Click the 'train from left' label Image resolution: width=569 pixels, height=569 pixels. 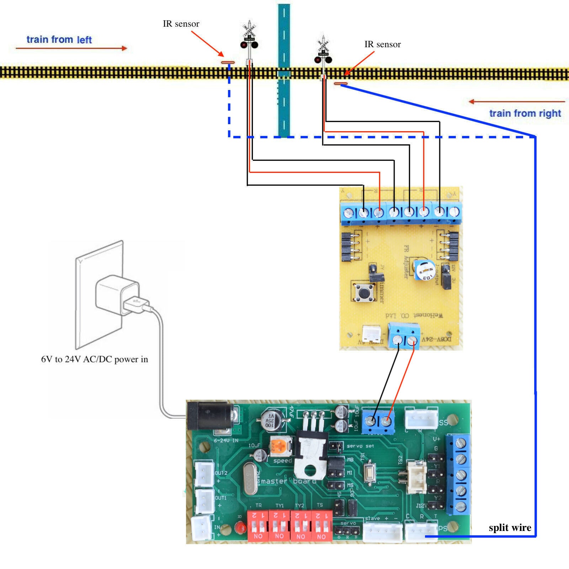click(x=59, y=39)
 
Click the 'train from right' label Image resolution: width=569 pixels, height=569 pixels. click(x=525, y=113)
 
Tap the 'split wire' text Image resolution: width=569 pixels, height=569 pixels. click(x=510, y=528)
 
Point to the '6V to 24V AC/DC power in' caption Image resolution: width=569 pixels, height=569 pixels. click(x=94, y=359)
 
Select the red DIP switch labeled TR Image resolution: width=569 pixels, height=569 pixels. click(x=258, y=526)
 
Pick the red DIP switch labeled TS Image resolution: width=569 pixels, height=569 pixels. click(x=322, y=526)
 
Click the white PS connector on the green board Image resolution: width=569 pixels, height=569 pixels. click(x=421, y=532)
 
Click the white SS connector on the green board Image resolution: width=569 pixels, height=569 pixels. click(x=421, y=418)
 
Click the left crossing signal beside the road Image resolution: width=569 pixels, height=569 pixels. click(x=249, y=37)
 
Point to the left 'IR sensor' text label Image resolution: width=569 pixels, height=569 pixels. click(x=181, y=24)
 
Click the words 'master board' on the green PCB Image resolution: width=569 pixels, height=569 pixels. click(x=288, y=481)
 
